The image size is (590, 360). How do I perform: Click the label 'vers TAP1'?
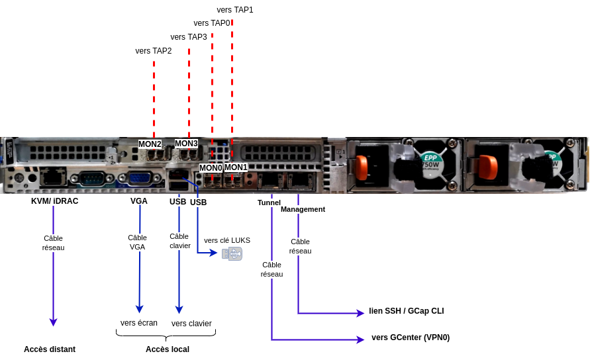coord(235,10)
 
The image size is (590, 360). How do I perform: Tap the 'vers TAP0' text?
coord(212,23)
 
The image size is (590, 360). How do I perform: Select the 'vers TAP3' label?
coord(189,37)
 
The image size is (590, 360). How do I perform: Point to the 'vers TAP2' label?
coord(154,51)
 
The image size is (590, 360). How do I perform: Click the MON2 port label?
coord(150,144)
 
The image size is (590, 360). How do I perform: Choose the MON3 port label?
coord(186,143)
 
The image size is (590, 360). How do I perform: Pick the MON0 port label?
coord(211,167)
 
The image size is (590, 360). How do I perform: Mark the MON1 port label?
coord(236,167)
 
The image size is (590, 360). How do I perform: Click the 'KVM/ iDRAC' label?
coord(54,201)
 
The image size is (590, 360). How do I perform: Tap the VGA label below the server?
coord(139,201)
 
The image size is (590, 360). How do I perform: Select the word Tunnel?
coord(269,202)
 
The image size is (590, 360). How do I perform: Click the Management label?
coord(303,209)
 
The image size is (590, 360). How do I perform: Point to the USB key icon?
coord(232,253)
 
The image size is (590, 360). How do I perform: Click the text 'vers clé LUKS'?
coord(227,240)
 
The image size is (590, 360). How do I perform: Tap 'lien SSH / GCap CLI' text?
coord(407,311)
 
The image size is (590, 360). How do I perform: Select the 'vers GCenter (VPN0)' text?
coord(411,337)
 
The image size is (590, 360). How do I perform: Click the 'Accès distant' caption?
coord(50,349)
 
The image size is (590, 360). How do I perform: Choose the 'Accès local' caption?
coord(168,349)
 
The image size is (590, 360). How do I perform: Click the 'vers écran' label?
coord(139,323)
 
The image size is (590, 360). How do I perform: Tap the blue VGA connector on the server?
coord(138,177)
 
